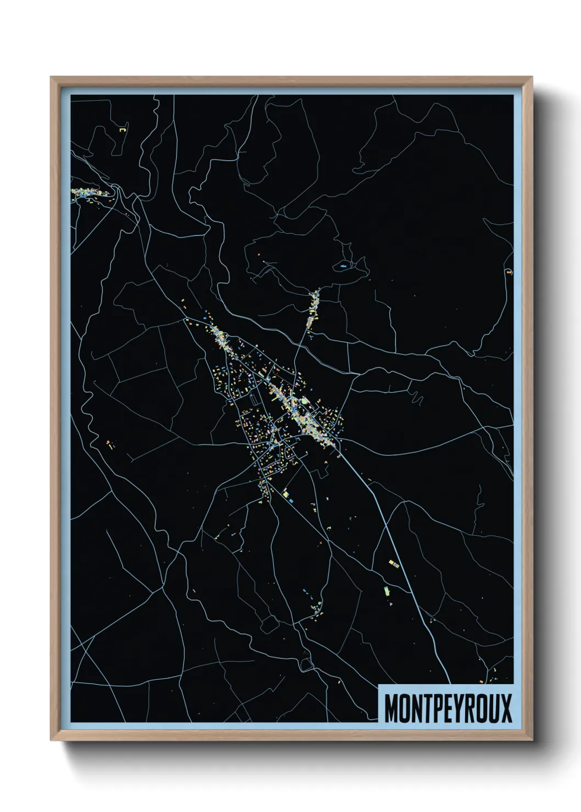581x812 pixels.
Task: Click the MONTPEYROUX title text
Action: (448, 708)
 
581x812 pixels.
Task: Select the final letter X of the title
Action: (506, 708)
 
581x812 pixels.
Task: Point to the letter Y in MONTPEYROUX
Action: (460, 708)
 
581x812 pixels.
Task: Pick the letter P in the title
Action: (437, 708)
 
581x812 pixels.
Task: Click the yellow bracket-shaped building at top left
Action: (123, 130)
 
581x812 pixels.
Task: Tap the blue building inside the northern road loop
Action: (343, 266)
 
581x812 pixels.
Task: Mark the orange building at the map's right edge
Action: (509, 272)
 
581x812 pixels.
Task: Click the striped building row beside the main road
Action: (393, 563)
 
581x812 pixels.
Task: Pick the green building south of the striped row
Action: (386, 590)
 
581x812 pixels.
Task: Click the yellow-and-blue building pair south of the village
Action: (286, 495)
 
